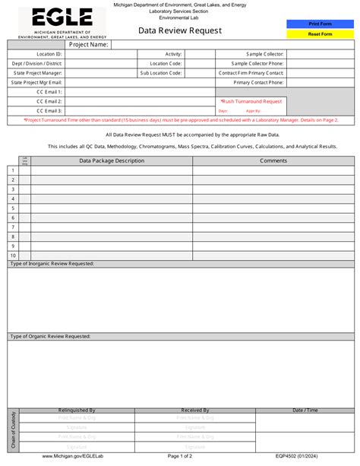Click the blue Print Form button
[320, 24]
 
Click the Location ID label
[49, 55]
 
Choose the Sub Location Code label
[160, 73]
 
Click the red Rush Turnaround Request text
[251, 101]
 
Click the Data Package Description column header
[112, 160]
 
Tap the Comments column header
[273, 160]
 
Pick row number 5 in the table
[13, 208]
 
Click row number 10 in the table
[13, 255]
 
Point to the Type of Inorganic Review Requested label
[52, 263]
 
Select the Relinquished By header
[77, 410]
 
